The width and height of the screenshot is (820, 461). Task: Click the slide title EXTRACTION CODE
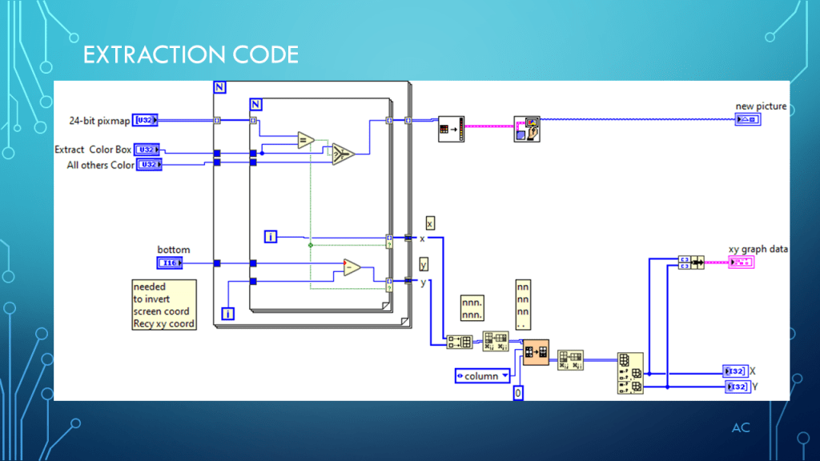pos(191,54)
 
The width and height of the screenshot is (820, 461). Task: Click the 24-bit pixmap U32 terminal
pos(145,120)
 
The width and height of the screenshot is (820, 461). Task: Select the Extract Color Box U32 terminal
pos(147,150)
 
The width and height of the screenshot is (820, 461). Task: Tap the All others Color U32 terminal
pos(148,165)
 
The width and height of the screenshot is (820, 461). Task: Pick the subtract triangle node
pos(352,267)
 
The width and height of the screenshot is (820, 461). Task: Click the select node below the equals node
pos(344,154)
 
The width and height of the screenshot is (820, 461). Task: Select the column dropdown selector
pos(483,375)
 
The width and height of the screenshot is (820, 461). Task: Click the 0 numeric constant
pos(518,393)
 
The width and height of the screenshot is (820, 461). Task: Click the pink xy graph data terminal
pos(741,263)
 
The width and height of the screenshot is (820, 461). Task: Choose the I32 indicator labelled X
pos(734,371)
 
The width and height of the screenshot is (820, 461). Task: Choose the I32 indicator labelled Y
pos(736,387)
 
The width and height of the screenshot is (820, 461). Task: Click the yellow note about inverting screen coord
pos(163,305)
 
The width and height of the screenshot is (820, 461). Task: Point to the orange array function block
pos(536,352)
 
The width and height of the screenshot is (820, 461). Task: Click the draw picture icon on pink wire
pos(527,129)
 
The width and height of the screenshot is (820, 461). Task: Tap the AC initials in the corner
pos(741,427)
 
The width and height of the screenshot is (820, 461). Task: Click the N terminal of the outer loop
pos(220,86)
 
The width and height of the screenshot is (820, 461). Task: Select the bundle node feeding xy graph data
pos(690,263)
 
